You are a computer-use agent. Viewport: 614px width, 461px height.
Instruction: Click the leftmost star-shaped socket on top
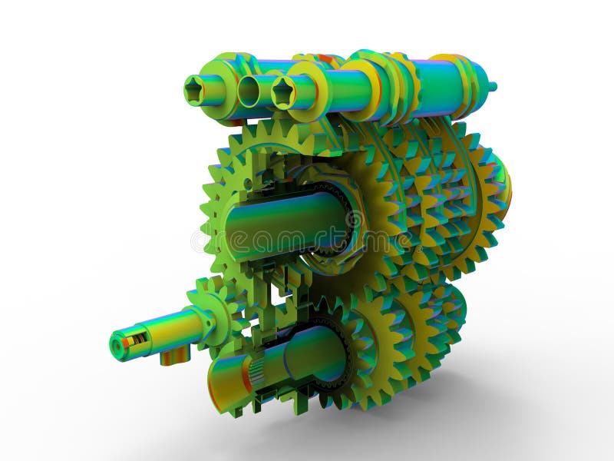click(x=195, y=90)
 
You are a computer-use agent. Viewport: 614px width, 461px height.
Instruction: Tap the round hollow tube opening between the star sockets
click(x=249, y=91)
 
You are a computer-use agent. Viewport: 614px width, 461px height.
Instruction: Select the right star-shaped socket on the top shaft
click(x=283, y=93)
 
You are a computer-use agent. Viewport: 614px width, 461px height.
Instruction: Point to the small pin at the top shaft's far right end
click(x=491, y=86)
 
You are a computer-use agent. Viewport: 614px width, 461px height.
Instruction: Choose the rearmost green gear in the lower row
click(x=453, y=307)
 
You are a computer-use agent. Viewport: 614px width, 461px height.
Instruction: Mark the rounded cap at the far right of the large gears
click(x=503, y=184)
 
